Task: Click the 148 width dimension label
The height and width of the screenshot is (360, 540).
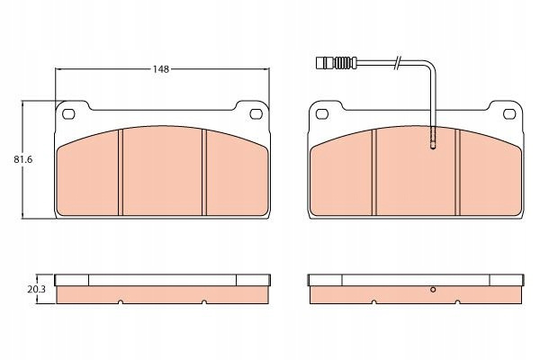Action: [x=161, y=69]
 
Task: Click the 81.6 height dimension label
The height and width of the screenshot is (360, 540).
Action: [x=23, y=160]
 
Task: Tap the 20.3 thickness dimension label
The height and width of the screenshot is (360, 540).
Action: [x=37, y=290]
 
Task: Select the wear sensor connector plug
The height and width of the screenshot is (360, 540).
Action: [x=336, y=62]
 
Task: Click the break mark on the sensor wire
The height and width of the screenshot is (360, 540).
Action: [x=397, y=62]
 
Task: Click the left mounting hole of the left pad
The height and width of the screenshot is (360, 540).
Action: [x=68, y=113]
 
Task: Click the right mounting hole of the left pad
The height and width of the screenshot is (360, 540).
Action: [x=256, y=113]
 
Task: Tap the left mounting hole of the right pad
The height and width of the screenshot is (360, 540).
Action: [x=322, y=113]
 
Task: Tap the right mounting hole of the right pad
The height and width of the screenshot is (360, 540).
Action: [x=509, y=113]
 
